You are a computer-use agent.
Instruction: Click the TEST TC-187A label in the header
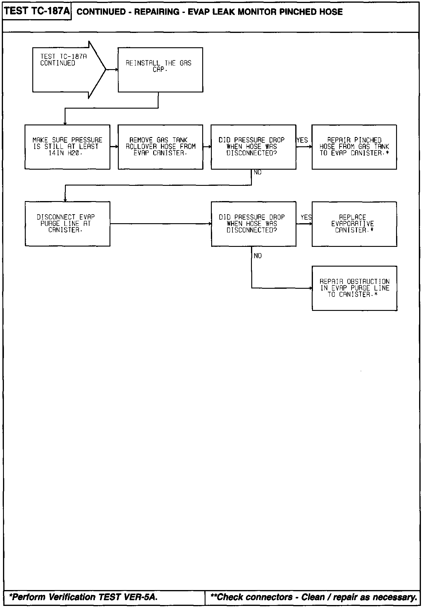(x=37, y=11)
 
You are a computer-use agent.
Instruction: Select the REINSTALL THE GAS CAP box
(x=160, y=70)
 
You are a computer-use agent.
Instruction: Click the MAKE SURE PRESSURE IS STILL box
(x=67, y=147)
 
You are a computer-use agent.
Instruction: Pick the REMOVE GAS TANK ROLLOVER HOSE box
(x=160, y=147)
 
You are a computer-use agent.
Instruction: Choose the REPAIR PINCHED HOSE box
(x=354, y=147)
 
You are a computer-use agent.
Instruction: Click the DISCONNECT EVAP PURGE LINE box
(x=67, y=224)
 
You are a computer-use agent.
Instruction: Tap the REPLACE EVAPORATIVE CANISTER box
(x=354, y=224)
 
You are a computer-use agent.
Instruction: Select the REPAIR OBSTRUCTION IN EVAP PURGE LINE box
(x=355, y=288)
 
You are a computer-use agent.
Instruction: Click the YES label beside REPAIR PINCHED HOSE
(x=302, y=140)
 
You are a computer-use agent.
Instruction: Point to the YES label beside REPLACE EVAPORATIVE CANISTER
(x=306, y=217)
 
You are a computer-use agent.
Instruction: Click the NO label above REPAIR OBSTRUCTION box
(x=258, y=256)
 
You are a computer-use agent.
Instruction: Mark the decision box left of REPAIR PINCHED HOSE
(x=253, y=147)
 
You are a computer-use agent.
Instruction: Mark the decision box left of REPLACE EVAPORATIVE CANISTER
(x=253, y=224)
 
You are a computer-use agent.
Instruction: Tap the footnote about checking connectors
(x=314, y=597)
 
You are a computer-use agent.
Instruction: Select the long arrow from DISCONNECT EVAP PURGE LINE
(x=160, y=224)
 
